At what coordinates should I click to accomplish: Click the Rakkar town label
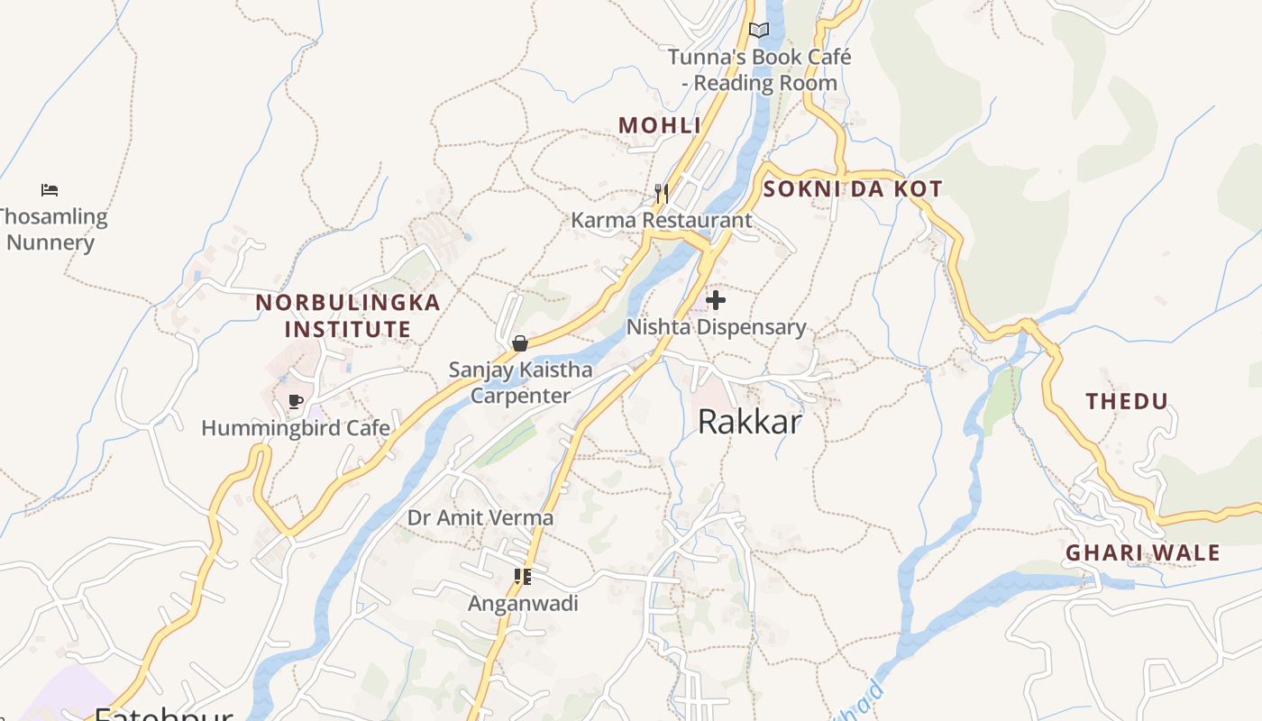749,422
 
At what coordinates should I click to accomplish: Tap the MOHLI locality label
659,126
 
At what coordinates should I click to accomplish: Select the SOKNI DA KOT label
852,189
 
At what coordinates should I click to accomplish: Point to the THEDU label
1127,402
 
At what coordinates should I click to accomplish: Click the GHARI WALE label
1142,552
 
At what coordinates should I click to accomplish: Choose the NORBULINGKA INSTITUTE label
348,315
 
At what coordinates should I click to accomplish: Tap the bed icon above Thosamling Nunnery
50,190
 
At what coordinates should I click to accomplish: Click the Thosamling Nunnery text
52,230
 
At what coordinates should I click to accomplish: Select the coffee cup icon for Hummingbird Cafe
295,401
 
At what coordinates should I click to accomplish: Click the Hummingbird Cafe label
296,428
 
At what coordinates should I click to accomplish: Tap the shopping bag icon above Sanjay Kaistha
520,343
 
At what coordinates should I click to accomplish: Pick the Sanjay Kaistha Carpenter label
521,382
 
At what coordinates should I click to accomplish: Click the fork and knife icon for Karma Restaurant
661,193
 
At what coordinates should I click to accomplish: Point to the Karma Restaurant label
661,221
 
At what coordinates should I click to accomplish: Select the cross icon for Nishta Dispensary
716,300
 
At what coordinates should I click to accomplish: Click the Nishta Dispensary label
716,327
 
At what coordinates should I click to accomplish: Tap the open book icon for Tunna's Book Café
759,30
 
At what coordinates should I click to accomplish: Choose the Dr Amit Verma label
480,518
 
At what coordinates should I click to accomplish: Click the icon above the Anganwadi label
522,577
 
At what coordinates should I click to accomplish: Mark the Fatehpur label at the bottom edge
163,714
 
